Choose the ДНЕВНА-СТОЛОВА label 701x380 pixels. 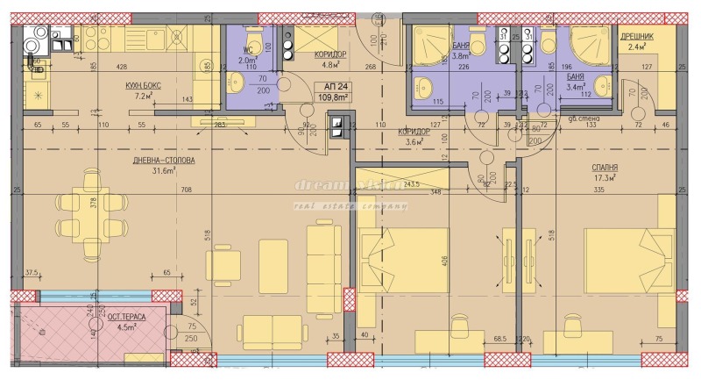159,161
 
